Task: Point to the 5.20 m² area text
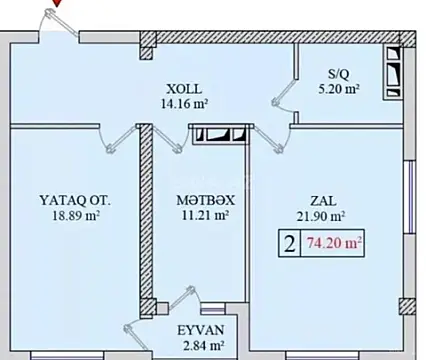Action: (337, 87)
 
